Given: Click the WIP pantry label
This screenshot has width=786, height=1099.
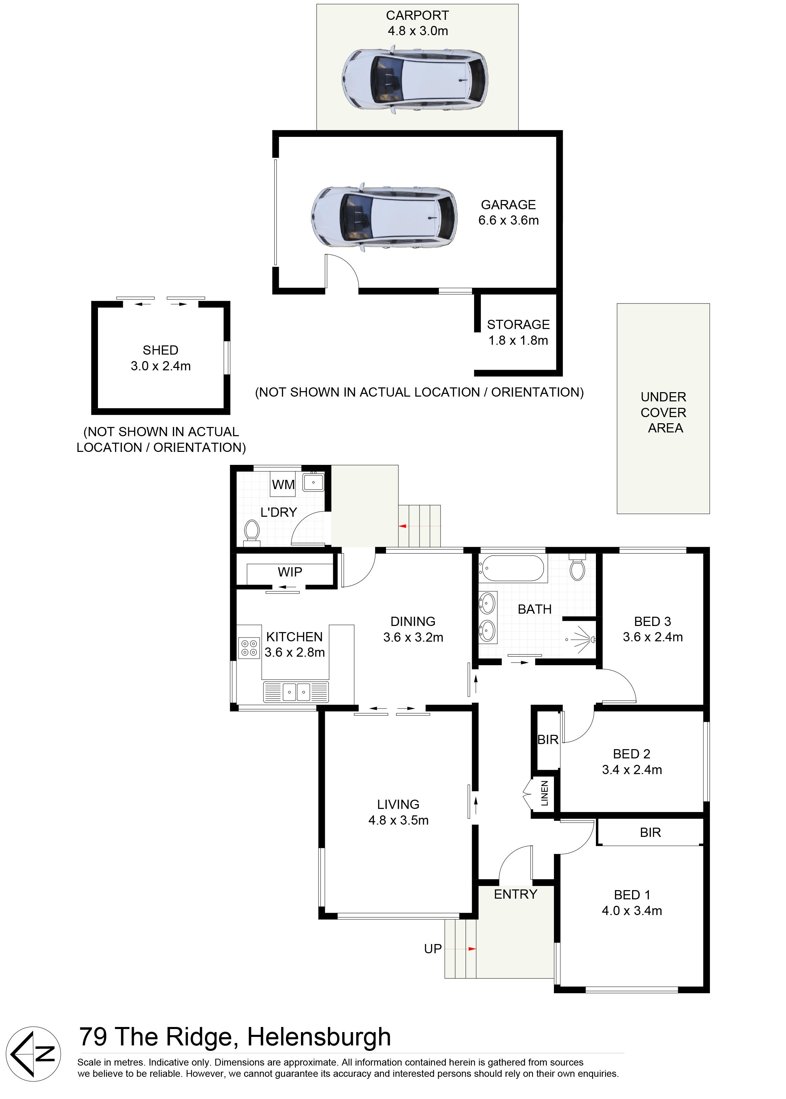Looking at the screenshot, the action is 290,572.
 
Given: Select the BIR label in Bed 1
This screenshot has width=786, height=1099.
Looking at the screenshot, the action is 650,832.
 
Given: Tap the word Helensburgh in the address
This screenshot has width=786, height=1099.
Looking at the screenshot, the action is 319,1037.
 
